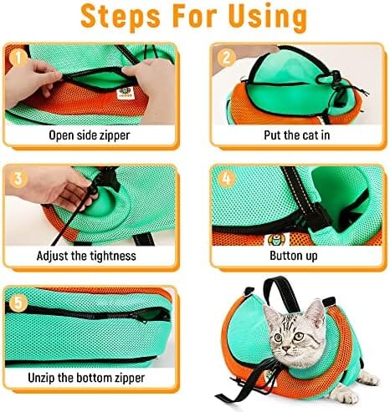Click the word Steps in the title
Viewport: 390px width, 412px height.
(x=121, y=17)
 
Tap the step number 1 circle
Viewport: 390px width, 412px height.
(x=18, y=58)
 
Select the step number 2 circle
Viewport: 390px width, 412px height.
(x=227, y=58)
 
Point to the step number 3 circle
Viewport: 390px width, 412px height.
(x=18, y=178)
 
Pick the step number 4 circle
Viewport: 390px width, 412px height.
(x=227, y=178)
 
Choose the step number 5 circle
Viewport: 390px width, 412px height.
(x=18, y=303)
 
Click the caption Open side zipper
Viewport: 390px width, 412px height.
(x=90, y=135)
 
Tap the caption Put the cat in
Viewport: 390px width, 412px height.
(x=297, y=135)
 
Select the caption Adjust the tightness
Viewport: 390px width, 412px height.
(x=86, y=256)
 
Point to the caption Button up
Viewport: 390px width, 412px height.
(x=294, y=256)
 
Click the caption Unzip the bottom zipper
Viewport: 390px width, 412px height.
(x=86, y=378)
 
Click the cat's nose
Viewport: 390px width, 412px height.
(x=285, y=348)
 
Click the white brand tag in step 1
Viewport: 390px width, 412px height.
(x=125, y=94)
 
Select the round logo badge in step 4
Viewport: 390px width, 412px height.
(x=276, y=240)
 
